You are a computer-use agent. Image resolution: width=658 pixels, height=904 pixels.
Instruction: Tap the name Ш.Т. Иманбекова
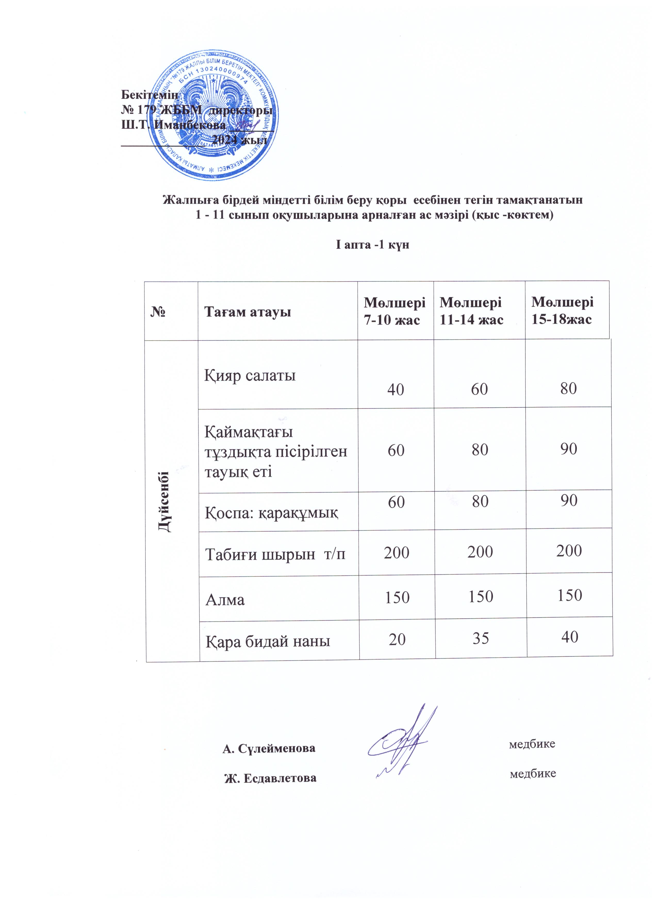(173, 124)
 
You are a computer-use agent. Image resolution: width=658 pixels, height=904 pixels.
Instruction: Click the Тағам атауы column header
(248, 312)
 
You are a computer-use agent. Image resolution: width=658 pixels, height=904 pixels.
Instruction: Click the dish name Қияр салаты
(250, 375)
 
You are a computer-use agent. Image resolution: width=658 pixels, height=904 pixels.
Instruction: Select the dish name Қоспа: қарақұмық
(271, 512)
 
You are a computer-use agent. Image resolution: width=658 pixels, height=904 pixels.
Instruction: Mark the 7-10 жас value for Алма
(397, 597)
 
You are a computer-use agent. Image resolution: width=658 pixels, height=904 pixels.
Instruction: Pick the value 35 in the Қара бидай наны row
(480, 638)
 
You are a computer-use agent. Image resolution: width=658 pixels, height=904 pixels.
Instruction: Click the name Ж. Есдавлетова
(270, 778)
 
